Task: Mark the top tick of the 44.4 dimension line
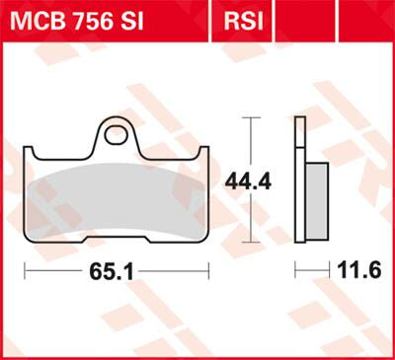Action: click(252, 117)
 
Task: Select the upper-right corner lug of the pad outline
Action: click(202, 152)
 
